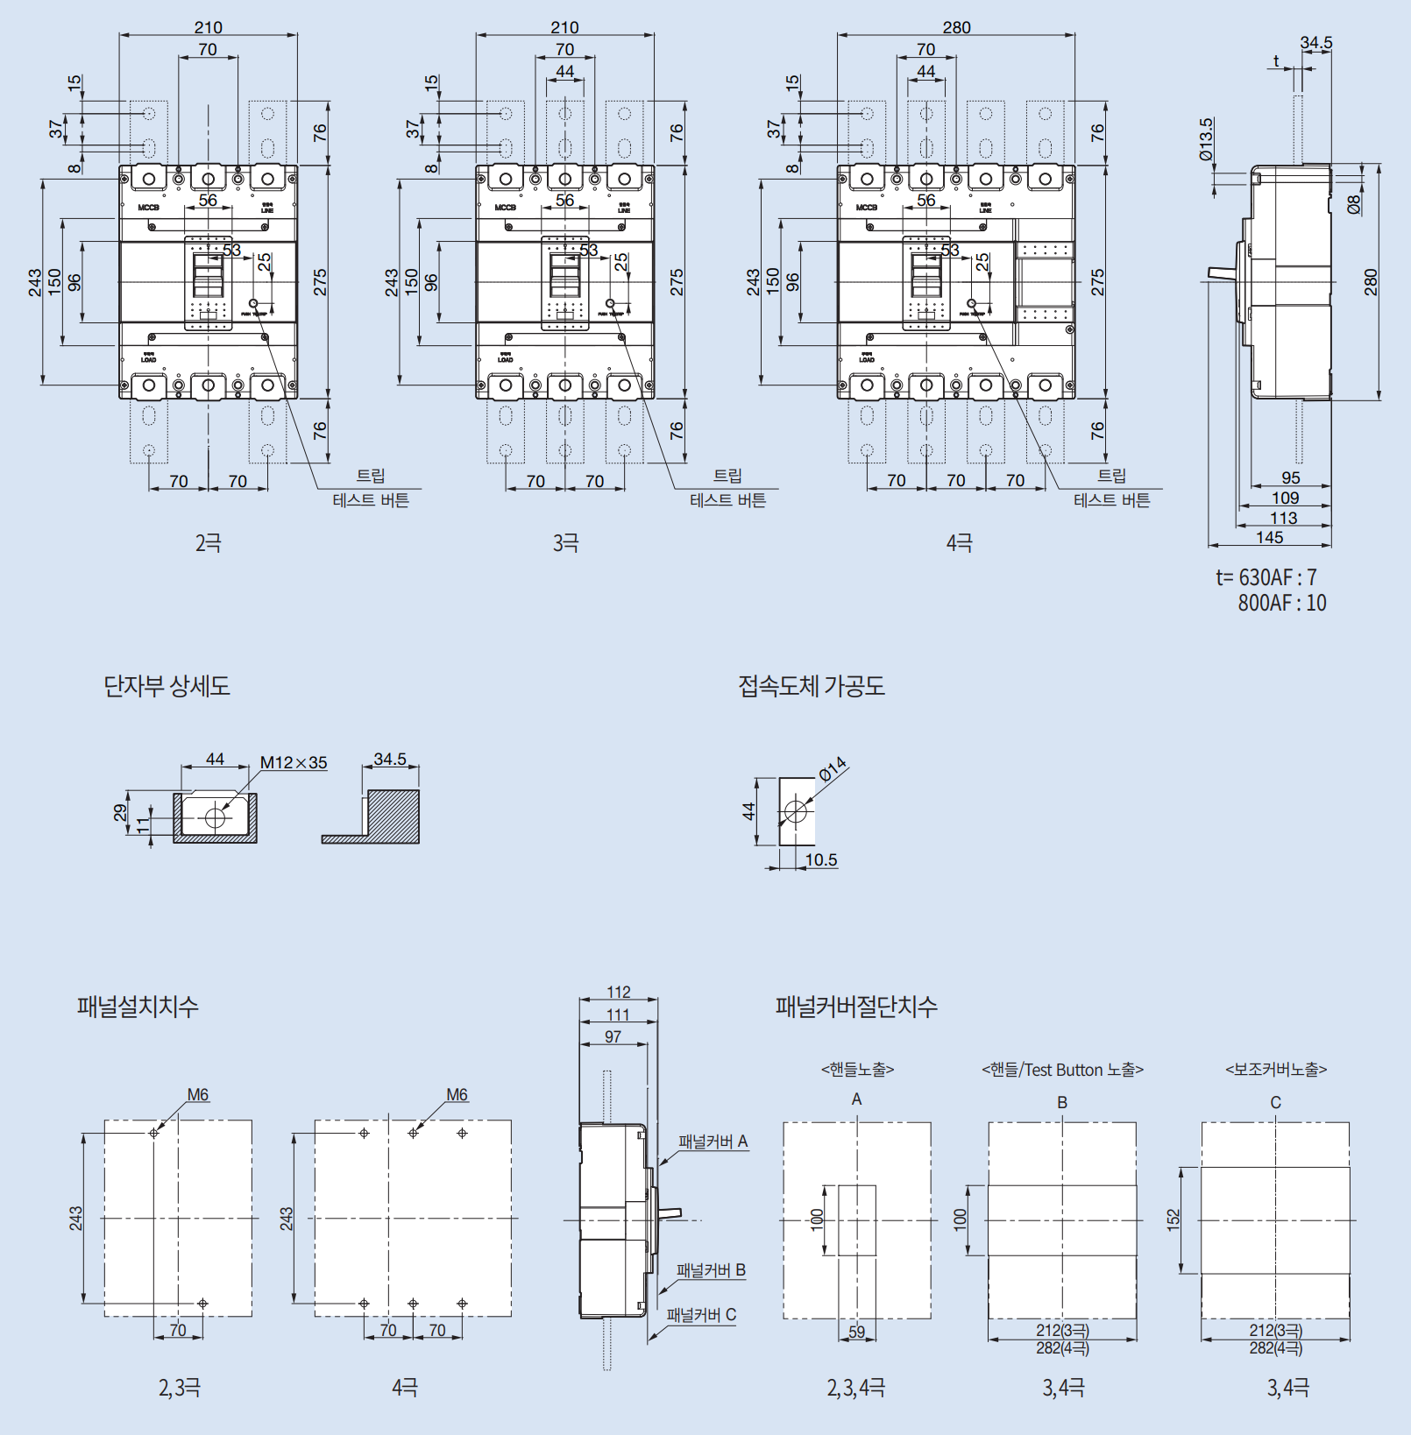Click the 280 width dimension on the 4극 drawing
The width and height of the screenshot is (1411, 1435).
tap(956, 27)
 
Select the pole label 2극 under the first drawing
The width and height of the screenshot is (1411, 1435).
tap(209, 543)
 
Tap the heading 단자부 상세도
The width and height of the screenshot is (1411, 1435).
tap(167, 685)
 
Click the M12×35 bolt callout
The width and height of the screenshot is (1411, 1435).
tap(294, 762)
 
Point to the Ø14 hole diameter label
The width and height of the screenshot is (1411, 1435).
tap(833, 768)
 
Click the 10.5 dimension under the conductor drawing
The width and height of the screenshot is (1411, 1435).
tap(821, 859)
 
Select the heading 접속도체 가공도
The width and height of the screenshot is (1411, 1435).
tap(812, 685)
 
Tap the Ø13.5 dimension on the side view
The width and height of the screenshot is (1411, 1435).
tap(1207, 140)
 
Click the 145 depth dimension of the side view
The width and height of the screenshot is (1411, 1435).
tap(1269, 537)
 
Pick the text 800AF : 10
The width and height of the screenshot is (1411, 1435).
tap(1281, 603)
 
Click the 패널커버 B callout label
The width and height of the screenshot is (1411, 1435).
tap(711, 1270)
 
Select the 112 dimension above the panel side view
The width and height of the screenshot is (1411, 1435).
tap(619, 992)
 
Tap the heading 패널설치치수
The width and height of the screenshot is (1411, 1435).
tap(138, 1006)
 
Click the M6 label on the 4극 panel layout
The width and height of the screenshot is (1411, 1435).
tap(457, 1095)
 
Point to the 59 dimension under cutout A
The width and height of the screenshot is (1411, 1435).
tap(856, 1332)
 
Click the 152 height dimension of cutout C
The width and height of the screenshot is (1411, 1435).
tap(1173, 1219)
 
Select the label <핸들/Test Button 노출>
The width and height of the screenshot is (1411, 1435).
tap(1062, 1070)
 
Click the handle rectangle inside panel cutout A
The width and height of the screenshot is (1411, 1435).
tap(857, 1219)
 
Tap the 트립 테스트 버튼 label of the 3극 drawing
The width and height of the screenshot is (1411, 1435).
tap(727, 488)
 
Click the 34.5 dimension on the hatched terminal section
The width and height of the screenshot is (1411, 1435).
tap(390, 759)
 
